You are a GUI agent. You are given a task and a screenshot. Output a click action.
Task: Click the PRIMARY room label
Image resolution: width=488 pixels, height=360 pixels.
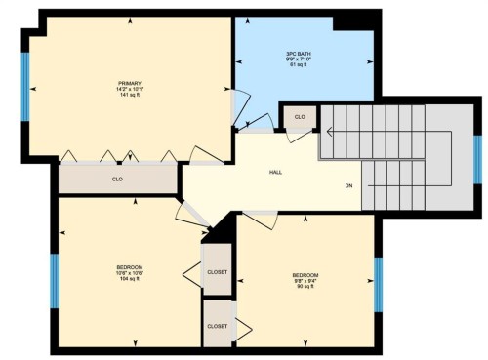[x=129, y=81]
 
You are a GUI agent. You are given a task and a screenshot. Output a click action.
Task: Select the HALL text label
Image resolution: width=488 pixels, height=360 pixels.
[x=276, y=173]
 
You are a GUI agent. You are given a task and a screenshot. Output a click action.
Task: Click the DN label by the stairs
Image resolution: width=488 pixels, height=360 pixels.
[x=348, y=185]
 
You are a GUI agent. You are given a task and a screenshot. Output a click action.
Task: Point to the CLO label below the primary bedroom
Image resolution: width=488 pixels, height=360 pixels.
[x=117, y=180]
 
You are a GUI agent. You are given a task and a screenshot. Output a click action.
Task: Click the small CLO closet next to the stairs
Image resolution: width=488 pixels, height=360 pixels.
[x=300, y=117]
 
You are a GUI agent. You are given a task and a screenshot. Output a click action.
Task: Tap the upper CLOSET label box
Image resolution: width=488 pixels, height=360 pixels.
[x=216, y=273]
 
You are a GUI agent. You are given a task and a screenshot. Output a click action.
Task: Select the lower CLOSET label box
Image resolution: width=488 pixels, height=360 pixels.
[x=216, y=326]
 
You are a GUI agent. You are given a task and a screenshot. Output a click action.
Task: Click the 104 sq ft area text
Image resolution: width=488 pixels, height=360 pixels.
[x=130, y=279]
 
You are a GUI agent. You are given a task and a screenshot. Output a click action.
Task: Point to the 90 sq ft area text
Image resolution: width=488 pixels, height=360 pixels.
[x=305, y=286]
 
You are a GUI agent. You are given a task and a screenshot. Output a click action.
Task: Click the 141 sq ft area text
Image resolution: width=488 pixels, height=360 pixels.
[x=129, y=95]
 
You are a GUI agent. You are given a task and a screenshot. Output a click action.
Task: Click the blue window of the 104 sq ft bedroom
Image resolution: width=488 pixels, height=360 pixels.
[x=55, y=281]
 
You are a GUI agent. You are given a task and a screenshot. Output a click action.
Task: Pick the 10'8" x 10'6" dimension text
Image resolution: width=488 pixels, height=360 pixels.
[x=130, y=273]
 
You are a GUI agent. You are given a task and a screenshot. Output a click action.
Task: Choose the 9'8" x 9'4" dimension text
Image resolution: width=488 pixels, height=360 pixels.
[x=305, y=280]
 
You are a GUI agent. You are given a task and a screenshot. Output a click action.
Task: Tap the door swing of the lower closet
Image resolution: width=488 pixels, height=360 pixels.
[x=245, y=327]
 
